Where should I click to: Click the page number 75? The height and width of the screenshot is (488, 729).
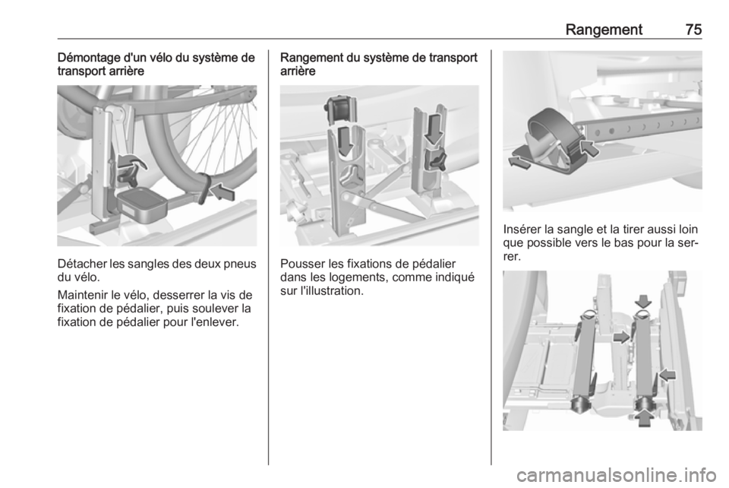coord(693,30)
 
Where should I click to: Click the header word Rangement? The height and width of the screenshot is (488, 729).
coord(604,30)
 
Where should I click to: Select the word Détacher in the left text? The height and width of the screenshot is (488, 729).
coord(82,264)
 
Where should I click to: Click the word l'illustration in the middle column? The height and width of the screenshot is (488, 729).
coord(330,291)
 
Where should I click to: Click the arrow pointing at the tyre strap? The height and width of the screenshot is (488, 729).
coord(222,192)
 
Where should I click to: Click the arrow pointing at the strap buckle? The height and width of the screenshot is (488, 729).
coord(588,149)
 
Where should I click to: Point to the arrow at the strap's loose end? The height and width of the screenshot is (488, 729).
coord(519,163)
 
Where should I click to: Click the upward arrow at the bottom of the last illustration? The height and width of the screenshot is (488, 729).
coord(644,417)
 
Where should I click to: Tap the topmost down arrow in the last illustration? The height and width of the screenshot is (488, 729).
coord(644,301)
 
